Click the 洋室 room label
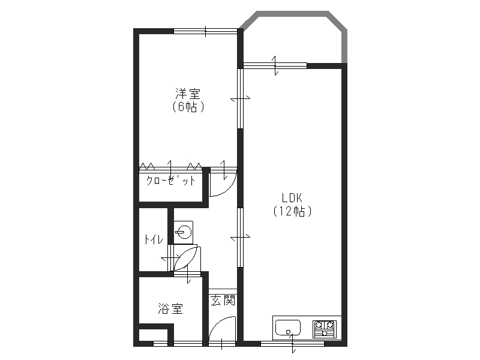pos(188,94)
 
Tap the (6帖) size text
pos(188,107)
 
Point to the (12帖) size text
pos(292,211)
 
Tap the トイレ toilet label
pos(152,239)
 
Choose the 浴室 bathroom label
pos(170,309)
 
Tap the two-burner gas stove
pos(325,329)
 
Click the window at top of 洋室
pos(205,31)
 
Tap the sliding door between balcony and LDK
pos(275,65)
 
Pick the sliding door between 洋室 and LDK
pos(240,98)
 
